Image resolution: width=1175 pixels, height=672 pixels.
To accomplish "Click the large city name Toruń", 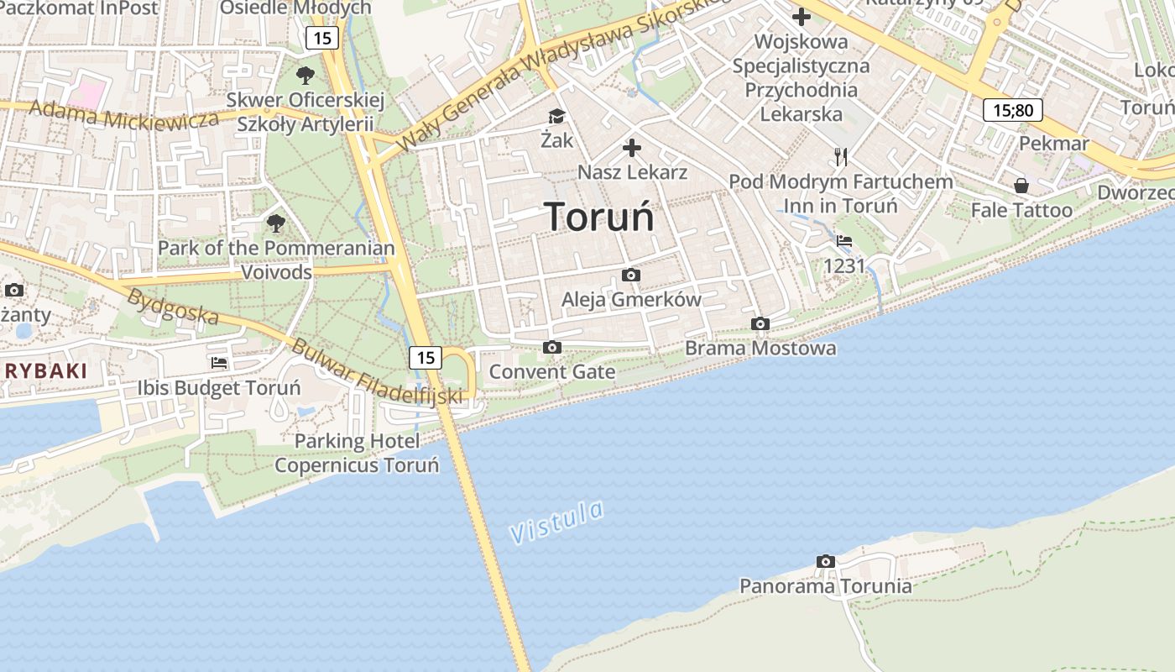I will click(599, 217).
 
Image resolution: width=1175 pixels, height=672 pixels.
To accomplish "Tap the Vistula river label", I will click(556, 522).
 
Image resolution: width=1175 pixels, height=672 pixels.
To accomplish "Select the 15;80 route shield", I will click(1012, 109).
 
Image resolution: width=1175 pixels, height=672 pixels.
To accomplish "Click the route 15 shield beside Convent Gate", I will click(426, 358).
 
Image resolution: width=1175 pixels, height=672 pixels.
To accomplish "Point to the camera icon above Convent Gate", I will click(551, 347).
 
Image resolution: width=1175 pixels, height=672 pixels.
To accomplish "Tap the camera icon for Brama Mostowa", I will click(760, 323).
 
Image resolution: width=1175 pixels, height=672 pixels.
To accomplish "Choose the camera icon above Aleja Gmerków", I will click(630, 275).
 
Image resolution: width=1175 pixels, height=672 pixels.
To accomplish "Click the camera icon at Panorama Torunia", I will click(825, 561).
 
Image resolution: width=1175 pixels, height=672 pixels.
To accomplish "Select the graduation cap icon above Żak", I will click(556, 116).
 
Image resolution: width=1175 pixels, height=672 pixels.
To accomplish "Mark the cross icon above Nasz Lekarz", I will click(632, 149).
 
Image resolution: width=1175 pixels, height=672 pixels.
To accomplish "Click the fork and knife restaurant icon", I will click(841, 156).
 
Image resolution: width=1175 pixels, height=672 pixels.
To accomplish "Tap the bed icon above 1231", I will click(844, 241).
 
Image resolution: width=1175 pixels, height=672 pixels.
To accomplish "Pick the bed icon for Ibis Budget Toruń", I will click(219, 363).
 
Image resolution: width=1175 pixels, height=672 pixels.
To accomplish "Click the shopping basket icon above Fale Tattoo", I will click(1021, 185).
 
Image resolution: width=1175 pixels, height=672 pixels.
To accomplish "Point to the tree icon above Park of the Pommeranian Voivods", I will click(275, 223).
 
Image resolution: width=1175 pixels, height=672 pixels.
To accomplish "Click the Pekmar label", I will click(1053, 144).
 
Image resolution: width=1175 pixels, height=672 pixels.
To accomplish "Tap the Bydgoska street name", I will click(173, 307).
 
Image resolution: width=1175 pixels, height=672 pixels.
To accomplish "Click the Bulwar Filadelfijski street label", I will click(377, 370).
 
